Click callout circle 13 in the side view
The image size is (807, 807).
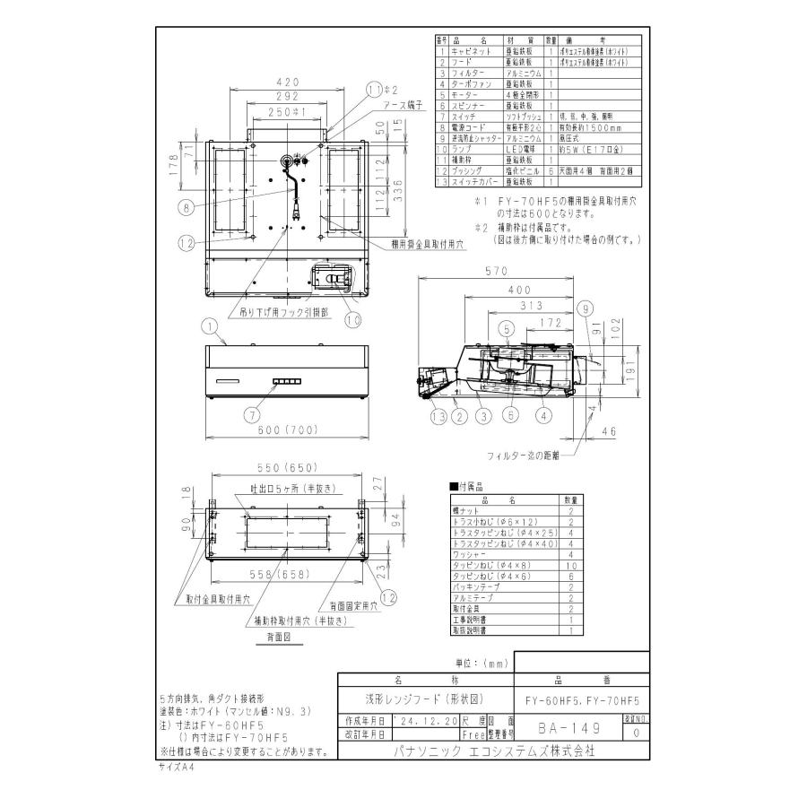coord(438,415)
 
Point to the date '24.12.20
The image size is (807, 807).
coord(427,721)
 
